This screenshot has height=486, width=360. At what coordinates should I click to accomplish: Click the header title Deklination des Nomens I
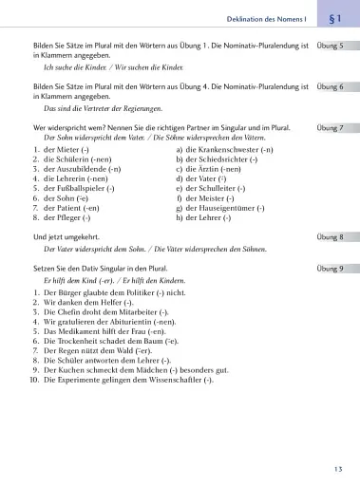(x=270, y=19)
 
